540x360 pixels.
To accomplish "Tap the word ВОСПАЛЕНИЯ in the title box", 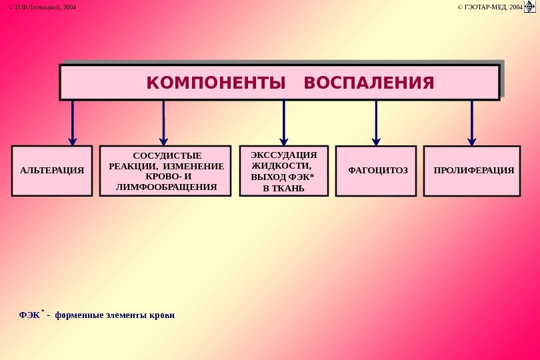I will click(x=369, y=83).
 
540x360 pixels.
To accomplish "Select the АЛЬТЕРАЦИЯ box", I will click(x=52, y=171).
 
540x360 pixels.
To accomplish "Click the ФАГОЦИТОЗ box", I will click(x=377, y=171).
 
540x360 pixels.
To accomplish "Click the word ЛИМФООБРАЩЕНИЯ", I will click(x=167, y=187).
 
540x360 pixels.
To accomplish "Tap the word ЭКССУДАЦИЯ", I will click(x=284, y=155).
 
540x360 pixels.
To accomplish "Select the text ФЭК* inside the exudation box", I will click(x=301, y=177).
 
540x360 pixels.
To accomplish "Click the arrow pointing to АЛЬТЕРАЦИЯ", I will click(x=73, y=123).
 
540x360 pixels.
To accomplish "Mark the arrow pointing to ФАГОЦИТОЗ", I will click(x=376, y=123).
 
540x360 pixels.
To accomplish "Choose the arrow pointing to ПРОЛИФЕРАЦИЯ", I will click(x=472, y=123).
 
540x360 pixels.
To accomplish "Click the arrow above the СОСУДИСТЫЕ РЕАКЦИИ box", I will click(x=163, y=123).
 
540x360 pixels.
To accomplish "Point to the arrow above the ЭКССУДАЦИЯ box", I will click(x=284, y=123).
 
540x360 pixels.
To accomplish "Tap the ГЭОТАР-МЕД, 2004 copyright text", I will click(x=489, y=7).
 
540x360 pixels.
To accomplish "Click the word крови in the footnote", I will click(x=162, y=315).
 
